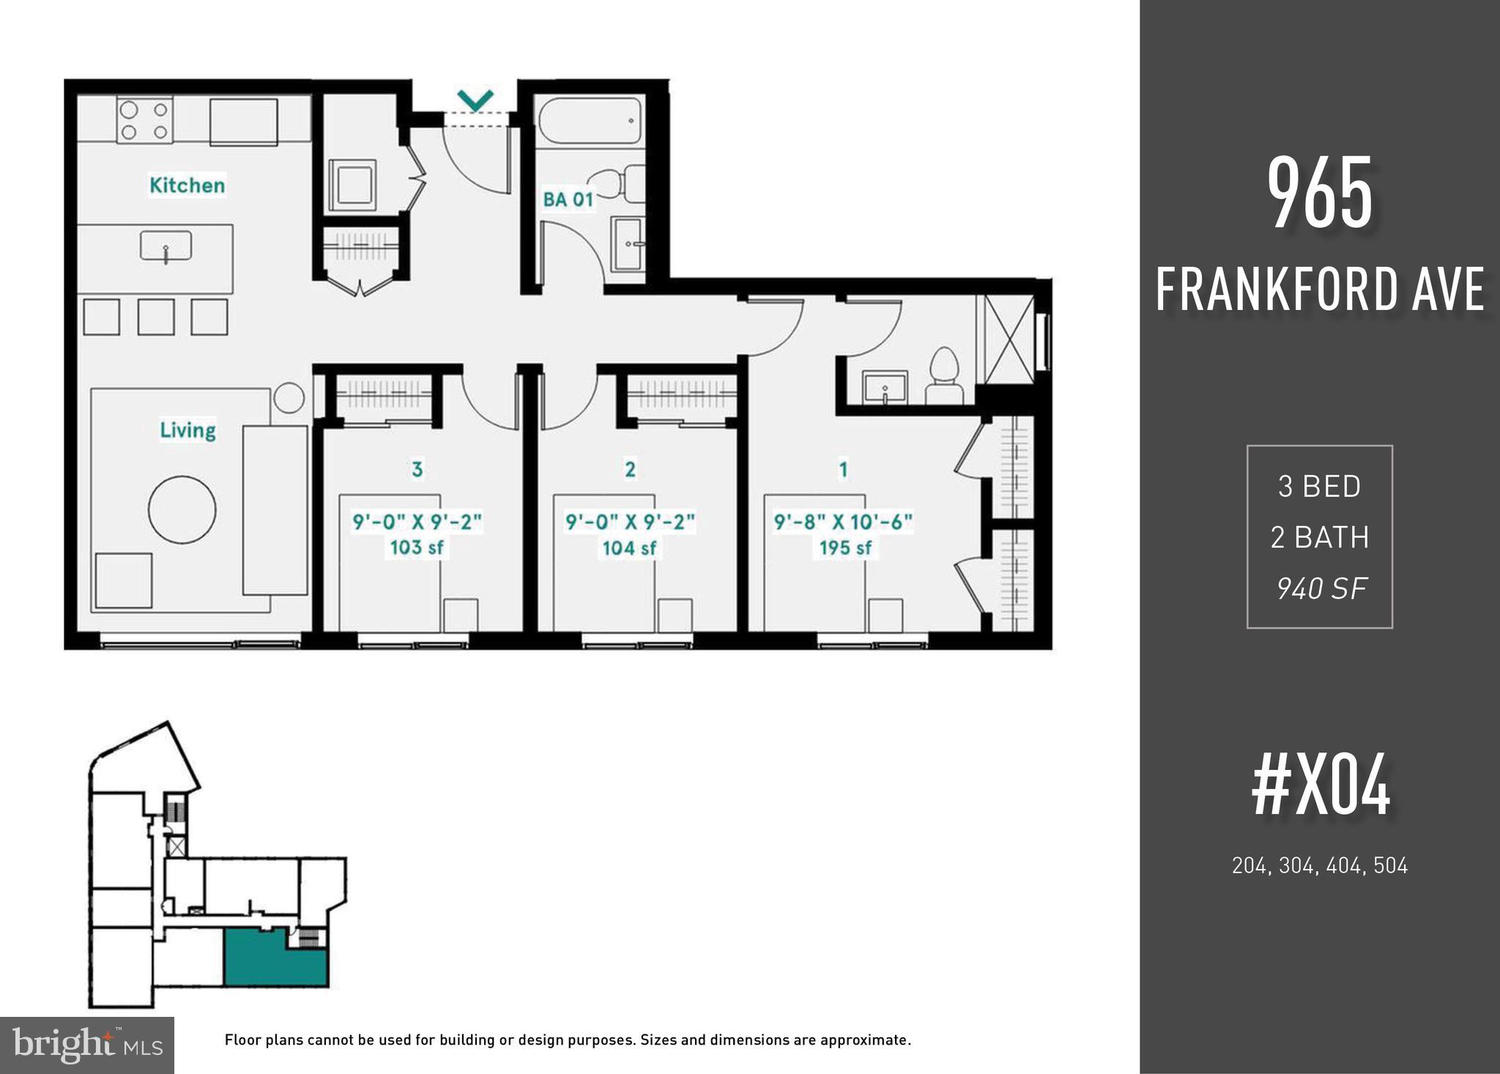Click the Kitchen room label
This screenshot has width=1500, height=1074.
pos(187,185)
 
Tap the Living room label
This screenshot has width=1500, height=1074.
pos(187,429)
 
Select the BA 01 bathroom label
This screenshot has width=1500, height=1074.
pos(568,199)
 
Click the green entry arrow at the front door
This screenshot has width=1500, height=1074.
pos(475,100)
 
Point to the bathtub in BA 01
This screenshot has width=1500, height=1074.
pos(590,121)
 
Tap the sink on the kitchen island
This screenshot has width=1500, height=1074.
pos(166,246)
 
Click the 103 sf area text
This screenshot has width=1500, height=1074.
pos(417,547)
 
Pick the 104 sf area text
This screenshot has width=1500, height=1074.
pos(629,547)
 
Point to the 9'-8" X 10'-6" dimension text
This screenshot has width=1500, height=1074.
pos(843,522)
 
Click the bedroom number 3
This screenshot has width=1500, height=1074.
pos(417,469)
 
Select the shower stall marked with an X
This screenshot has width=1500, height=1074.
pos(1008,339)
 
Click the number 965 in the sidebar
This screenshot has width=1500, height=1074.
pos(1320,195)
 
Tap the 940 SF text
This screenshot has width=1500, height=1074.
pos(1321,588)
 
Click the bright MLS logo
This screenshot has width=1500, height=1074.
pos(86,1045)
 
